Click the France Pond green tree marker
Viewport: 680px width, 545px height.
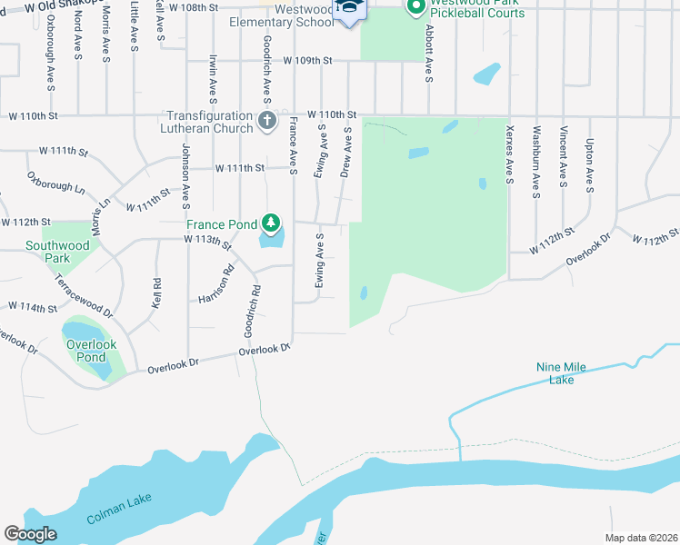pos(270,223)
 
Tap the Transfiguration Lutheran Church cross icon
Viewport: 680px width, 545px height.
pos(267,121)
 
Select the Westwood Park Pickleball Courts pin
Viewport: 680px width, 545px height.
pos(416,7)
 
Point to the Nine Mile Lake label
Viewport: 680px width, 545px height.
pos(561,373)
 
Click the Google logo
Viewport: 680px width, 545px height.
pos(30,534)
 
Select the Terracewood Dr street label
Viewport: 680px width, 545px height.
pos(82,296)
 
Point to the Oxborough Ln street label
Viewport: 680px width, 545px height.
pos(55,183)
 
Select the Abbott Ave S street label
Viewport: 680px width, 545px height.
pos(428,53)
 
